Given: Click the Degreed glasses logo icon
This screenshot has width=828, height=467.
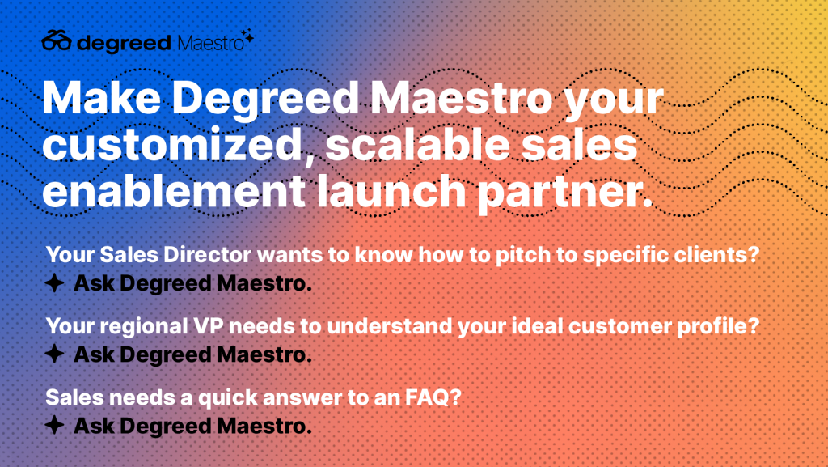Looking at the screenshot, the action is pyautogui.click(x=57, y=40).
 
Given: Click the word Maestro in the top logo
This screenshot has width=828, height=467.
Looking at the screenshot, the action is pyautogui.click(x=211, y=43).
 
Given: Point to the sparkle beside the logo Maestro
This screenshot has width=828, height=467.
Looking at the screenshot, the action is pyautogui.click(x=249, y=36).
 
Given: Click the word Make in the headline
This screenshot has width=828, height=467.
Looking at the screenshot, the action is pyautogui.click(x=101, y=98).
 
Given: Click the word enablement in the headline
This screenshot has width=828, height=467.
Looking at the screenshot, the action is pyautogui.click(x=174, y=191).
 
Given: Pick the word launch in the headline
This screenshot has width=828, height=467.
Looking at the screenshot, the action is pyautogui.click(x=392, y=191).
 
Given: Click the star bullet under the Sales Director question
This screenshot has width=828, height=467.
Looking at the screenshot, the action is pyautogui.click(x=54, y=283).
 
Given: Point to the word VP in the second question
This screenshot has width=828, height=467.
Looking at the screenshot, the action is pyautogui.click(x=208, y=326).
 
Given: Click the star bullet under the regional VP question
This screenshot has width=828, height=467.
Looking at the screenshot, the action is pyautogui.click(x=54, y=354).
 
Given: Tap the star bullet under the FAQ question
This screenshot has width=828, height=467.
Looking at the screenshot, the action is pyautogui.click(x=54, y=425).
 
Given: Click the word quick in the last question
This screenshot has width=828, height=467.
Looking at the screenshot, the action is pyautogui.click(x=227, y=397).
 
